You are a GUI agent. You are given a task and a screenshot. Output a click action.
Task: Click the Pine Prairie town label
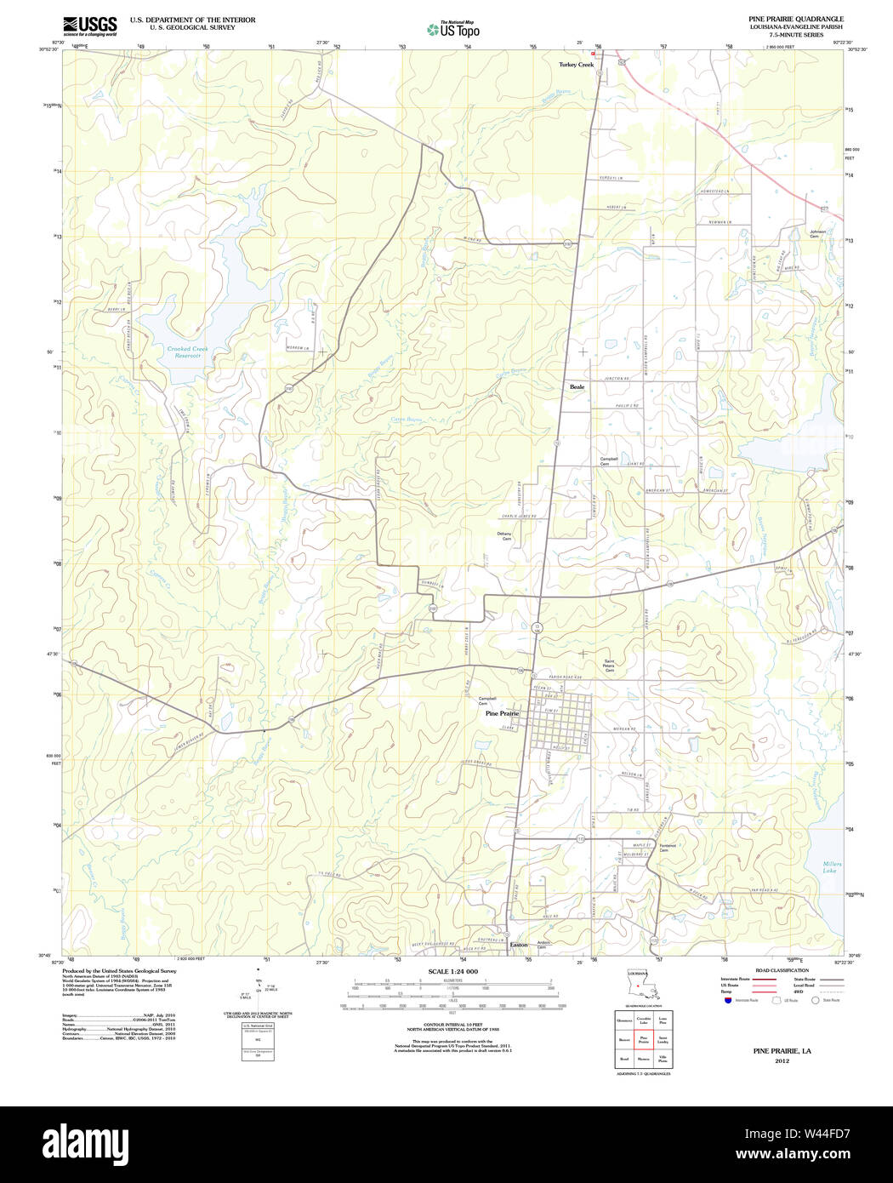pyautogui.click(x=502, y=713)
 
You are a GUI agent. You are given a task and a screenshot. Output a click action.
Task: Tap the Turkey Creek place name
pyautogui.click(x=576, y=65)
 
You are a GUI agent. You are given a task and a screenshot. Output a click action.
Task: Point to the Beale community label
pyautogui.click(x=577, y=386)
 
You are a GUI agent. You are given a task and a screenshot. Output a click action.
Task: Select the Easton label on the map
pyautogui.click(x=518, y=945)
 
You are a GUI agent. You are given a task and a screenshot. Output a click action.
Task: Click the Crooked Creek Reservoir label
pyautogui.click(x=187, y=352)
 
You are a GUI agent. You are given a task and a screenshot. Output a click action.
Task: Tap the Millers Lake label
pyautogui.click(x=831, y=867)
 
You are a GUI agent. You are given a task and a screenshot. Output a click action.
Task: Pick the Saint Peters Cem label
pyautogui.click(x=609, y=665)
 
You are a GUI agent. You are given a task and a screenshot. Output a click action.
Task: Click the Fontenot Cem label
pyautogui.click(x=667, y=848)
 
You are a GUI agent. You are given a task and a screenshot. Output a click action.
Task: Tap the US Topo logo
pyautogui.click(x=453, y=30)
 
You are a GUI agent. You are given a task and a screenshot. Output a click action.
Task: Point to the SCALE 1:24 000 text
pyautogui.click(x=452, y=971)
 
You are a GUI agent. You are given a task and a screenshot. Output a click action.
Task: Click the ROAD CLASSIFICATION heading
pyautogui.click(x=782, y=970)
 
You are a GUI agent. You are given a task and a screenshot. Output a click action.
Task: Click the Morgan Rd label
pyautogui.click(x=625, y=730)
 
